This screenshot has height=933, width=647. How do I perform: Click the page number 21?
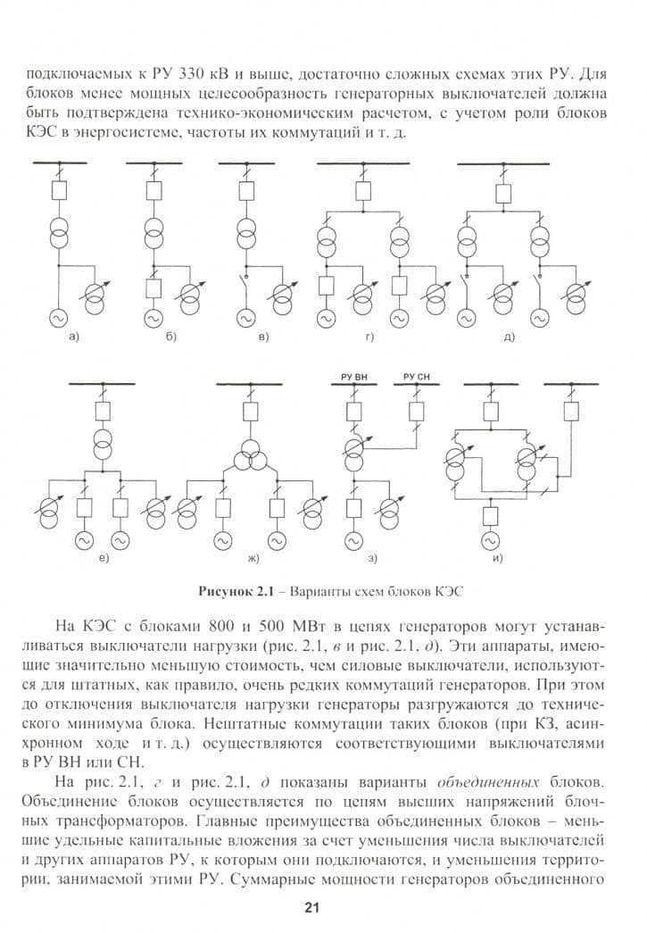311,907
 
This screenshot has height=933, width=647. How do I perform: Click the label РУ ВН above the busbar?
354,377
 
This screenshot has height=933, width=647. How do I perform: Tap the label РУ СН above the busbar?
416,377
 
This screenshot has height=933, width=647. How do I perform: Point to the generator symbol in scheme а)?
59,319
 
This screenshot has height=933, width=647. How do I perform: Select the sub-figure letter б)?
170,337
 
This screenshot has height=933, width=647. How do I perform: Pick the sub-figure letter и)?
498,558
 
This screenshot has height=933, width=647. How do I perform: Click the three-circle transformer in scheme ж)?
251,459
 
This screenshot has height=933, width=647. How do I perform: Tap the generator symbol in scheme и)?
491,541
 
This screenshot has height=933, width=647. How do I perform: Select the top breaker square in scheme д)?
503,194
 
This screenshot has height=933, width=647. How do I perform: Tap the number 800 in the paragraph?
223,627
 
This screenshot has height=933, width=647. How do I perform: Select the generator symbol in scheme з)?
353,541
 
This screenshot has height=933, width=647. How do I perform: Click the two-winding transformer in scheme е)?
103,444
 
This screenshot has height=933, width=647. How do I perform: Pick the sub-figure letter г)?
369,337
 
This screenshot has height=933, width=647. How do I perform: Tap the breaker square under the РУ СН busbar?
416,412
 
